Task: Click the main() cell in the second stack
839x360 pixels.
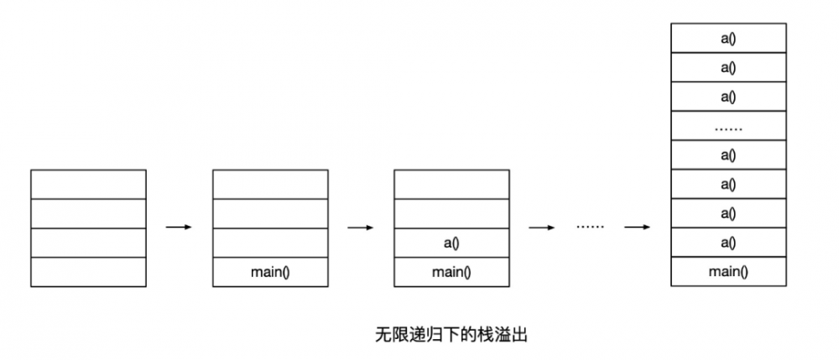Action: [x=269, y=272]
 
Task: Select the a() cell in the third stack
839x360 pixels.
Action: [x=451, y=243]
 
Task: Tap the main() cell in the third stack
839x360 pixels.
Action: [x=451, y=272]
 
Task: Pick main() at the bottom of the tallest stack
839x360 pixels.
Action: [x=728, y=271]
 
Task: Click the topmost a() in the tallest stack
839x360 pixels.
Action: [x=728, y=39]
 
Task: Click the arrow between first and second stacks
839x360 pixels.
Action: [x=179, y=227]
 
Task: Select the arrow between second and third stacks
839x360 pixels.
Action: [x=360, y=227]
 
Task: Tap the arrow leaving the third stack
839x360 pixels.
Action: [x=541, y=227]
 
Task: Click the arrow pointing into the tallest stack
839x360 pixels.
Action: [x=638, y=227]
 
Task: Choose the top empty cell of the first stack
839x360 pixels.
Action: [x=88, y=184]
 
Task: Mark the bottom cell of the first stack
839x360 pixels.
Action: [x=88, y=272]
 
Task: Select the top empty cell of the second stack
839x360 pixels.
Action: [x=269, y=184]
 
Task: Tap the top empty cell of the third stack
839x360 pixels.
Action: [x=451, y=184]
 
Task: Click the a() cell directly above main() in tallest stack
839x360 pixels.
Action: [x=728, y=243]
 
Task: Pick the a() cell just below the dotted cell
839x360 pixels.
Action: [x=728, y=155]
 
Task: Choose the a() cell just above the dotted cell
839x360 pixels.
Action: [x=728, y=97]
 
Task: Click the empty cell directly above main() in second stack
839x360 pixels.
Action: [x=269, y=243]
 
